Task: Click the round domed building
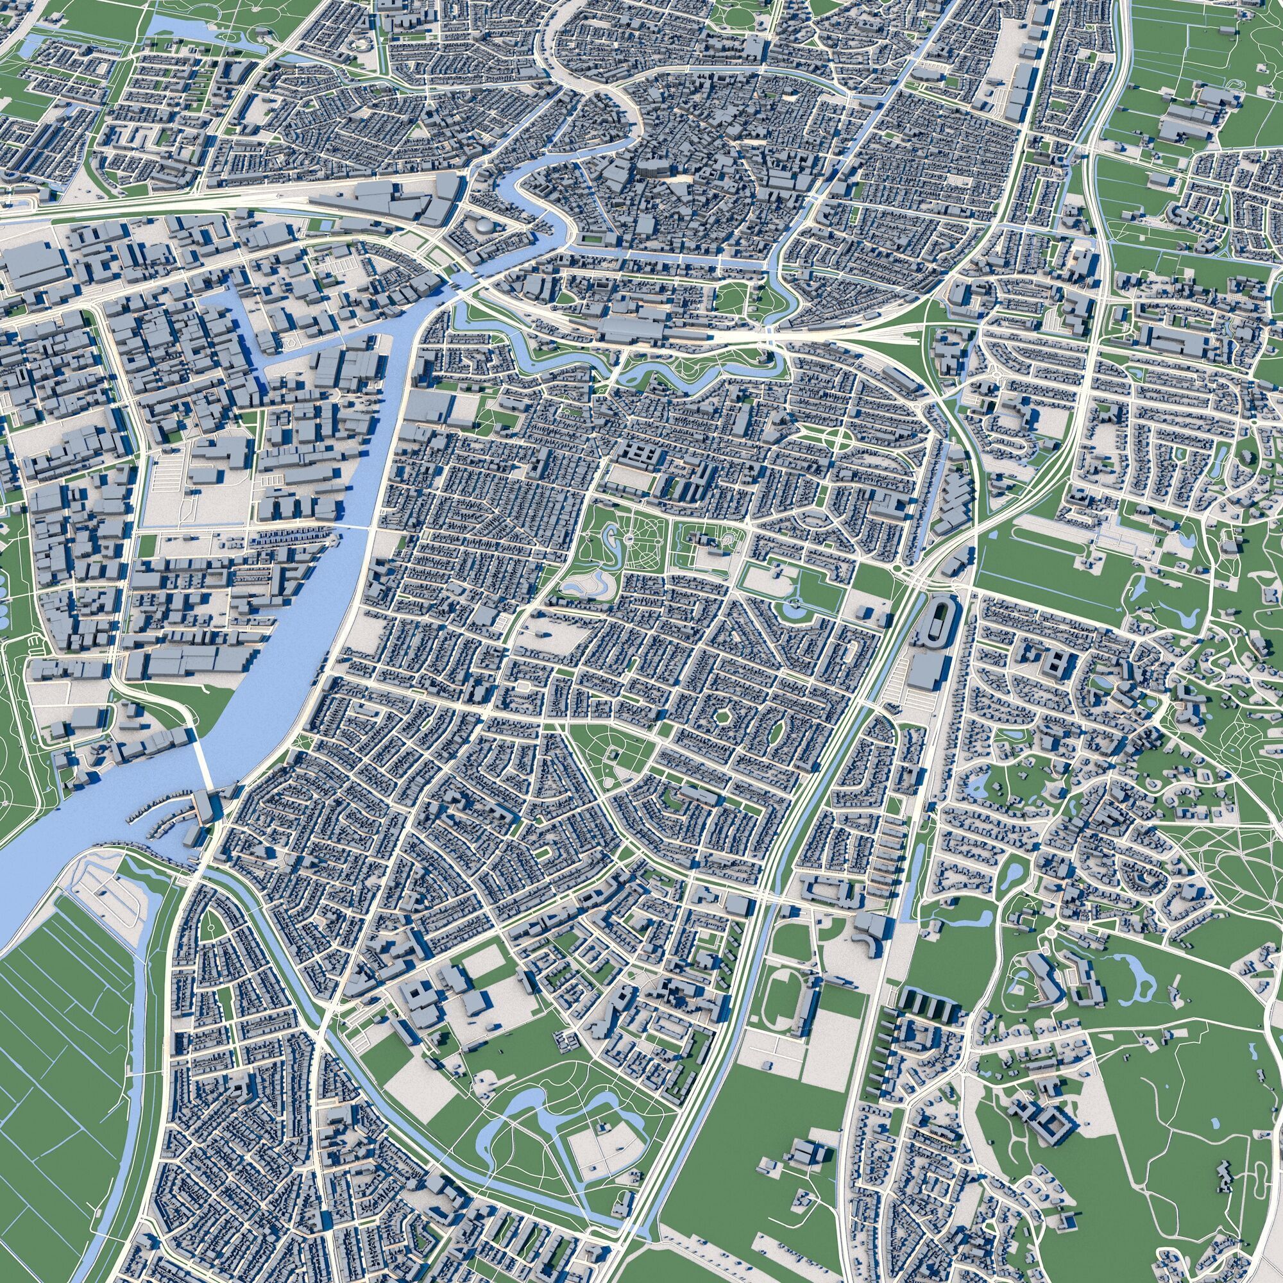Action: click(485, 226)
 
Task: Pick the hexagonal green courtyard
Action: click(722, 718)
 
